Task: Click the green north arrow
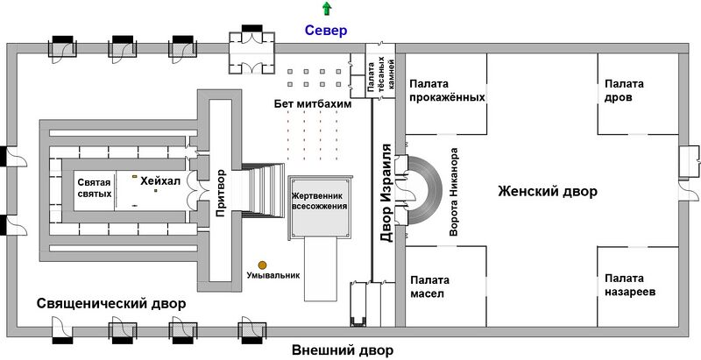pyautogui.click(x=327, y=10)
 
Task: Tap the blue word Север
pyautogui.click(x=326, y=31)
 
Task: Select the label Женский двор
pyautogui.click(x=548, y=191)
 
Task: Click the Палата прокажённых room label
pyautogui.click(x=446, y=90)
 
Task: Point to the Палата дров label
pyautogui.click(x=623, y=90)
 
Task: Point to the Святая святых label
pyautogui.click(x=95, y=187)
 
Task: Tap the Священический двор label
pyautogui.click(x=111, y=303)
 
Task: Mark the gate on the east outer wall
pyautogui.click(x=688, y=159)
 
